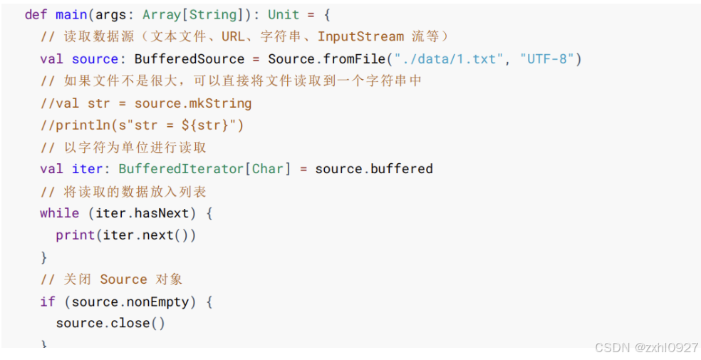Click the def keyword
coord(36,15)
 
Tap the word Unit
coord(283,15)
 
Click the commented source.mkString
coord(192,103)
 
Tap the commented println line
coord(142,125)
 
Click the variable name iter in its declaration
coord(87,169)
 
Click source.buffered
coord(374,169)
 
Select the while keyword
coord(59,213)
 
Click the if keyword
coord(47,302)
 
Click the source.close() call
coord(110,323)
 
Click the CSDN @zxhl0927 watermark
coord(646,347)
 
